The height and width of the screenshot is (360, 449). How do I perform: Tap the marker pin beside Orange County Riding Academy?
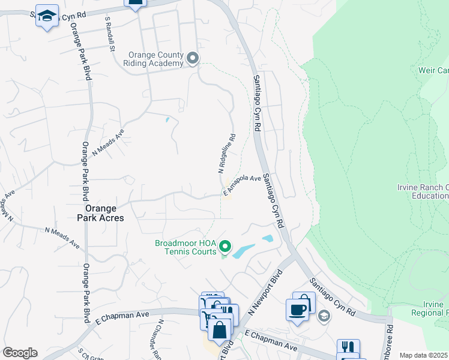pyautogui.click(x=193, y=58)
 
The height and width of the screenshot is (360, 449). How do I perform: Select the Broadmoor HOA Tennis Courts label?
pyautogui.click(x=185, y=247)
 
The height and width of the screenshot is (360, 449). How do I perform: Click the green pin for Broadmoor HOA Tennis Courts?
pyautogui.click(x=225, y=246)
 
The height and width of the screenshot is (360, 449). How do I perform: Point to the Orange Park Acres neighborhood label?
pyautogui.click(x=104, y=213)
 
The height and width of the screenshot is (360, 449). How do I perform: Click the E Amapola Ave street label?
pyautogui.click(x=243, y=186)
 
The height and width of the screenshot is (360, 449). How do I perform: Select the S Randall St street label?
pyautogui.click(x=109, y=35)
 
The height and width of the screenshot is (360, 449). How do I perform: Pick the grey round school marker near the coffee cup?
pyautogui.click(x=324, y=316)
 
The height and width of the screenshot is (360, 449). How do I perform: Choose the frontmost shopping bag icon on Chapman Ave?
pyautogui.click(x=220, y=329)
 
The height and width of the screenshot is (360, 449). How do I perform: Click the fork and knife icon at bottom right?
pyautogui.click(x=348, y=348)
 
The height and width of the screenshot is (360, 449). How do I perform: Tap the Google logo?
pyautogui.click(x=20, y=353)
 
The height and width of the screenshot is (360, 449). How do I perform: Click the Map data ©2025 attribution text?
pyautogui.click(x=424, y=355)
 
